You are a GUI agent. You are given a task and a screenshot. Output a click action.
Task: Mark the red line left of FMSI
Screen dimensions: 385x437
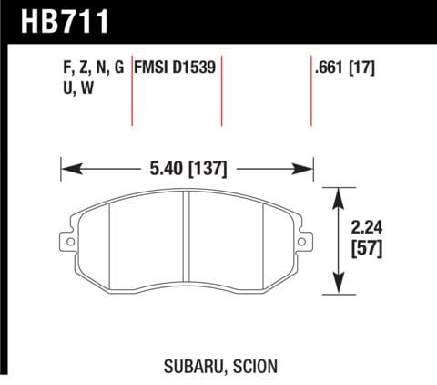(133, 91)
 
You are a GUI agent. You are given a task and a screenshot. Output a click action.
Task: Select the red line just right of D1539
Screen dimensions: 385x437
(222, 91)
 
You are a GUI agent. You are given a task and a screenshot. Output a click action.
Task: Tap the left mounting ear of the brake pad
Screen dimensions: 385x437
(66, 239)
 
